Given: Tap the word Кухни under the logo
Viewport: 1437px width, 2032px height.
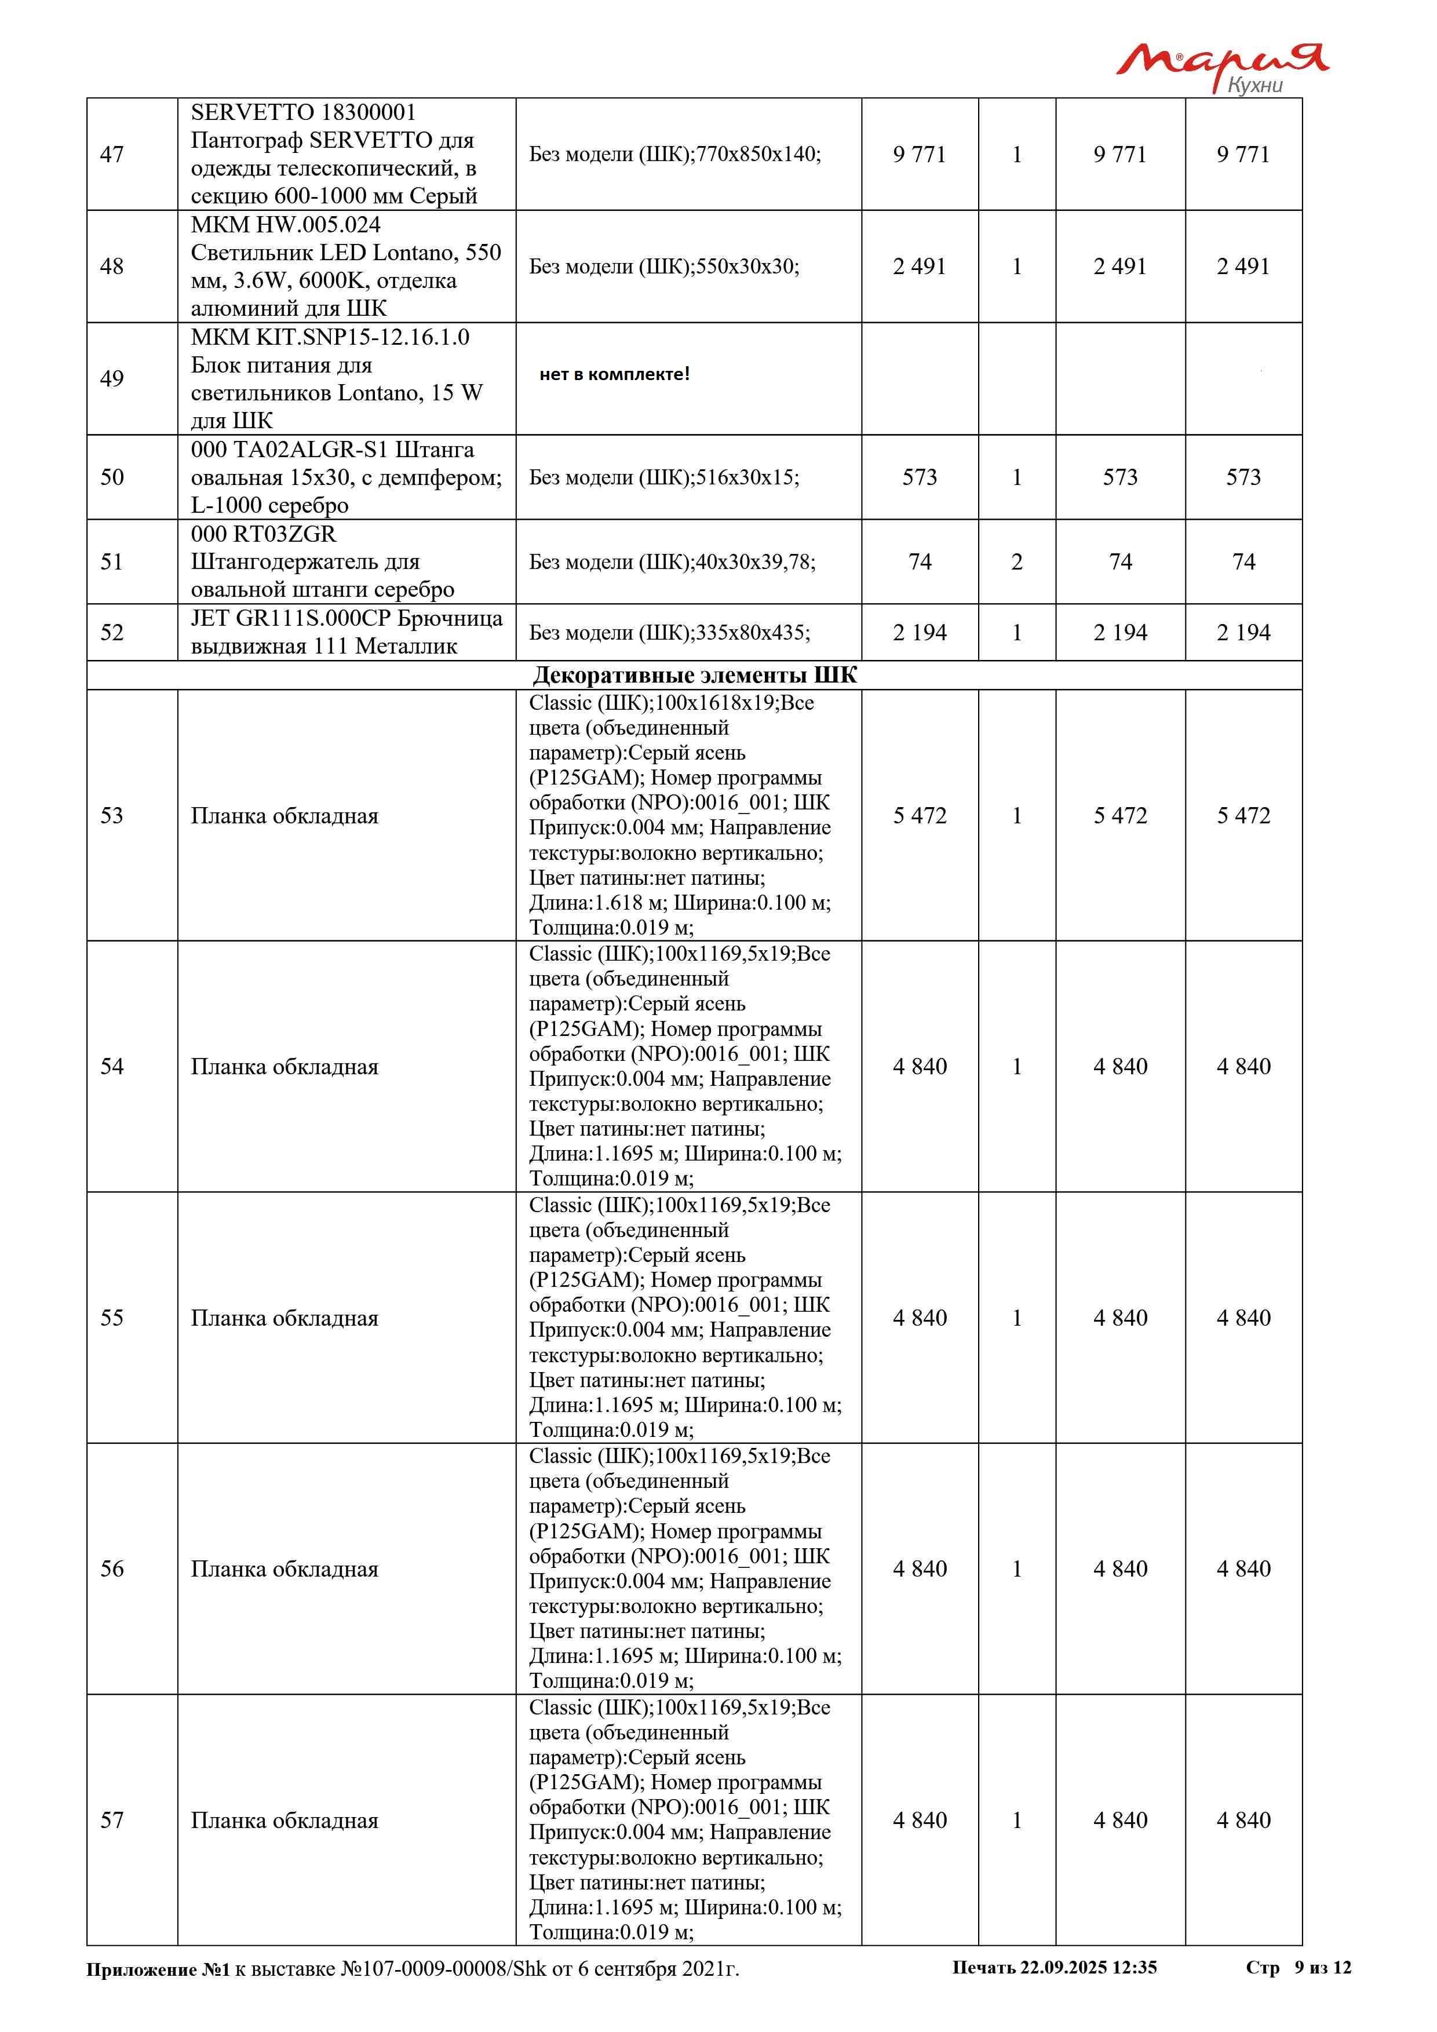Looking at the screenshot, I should point(1254,86).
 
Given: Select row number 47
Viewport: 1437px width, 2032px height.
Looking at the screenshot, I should point(112,155).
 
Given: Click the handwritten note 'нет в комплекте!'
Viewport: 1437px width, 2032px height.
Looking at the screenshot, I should point(614,374).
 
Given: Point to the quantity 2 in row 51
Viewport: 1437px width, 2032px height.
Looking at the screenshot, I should point(1017,562).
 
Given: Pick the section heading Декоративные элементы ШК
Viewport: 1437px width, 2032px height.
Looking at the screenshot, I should point(695,675).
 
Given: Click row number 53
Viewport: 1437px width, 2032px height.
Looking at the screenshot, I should point(112,815).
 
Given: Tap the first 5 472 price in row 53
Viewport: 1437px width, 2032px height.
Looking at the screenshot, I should point(920,815).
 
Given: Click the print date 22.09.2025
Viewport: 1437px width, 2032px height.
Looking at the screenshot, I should point(1063,1967).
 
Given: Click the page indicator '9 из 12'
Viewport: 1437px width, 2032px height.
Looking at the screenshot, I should point(1323,1967).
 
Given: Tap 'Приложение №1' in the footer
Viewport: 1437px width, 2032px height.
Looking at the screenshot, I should point(158,1969).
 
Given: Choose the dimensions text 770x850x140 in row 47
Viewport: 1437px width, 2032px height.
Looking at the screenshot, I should point(758,154).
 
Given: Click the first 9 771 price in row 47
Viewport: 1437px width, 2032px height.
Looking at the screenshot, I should point(920,155).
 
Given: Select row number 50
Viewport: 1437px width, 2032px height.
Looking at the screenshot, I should point(112,477).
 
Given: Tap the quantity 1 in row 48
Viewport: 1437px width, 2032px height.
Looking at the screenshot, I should point(1017,267).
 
